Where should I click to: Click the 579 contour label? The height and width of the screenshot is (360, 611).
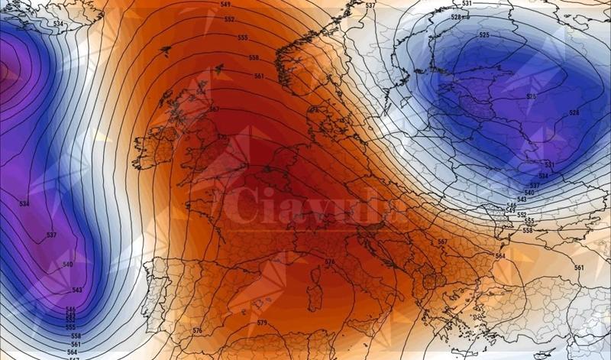262,323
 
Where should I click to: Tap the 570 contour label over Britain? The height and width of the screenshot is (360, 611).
222,138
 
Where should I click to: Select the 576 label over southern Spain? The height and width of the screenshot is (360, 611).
198,330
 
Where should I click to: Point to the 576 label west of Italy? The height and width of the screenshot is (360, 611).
329,262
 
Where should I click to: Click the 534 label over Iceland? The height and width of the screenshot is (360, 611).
58,24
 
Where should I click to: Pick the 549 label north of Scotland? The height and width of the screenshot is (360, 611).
225,5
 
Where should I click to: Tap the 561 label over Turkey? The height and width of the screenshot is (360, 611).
579,268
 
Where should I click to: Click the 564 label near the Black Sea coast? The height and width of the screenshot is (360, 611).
500,256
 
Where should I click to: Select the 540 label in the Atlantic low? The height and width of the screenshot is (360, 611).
68,264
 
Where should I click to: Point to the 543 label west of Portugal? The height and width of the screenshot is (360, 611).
77,290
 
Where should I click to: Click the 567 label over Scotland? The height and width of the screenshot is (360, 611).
214,109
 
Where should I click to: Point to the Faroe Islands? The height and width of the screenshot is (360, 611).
166,51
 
